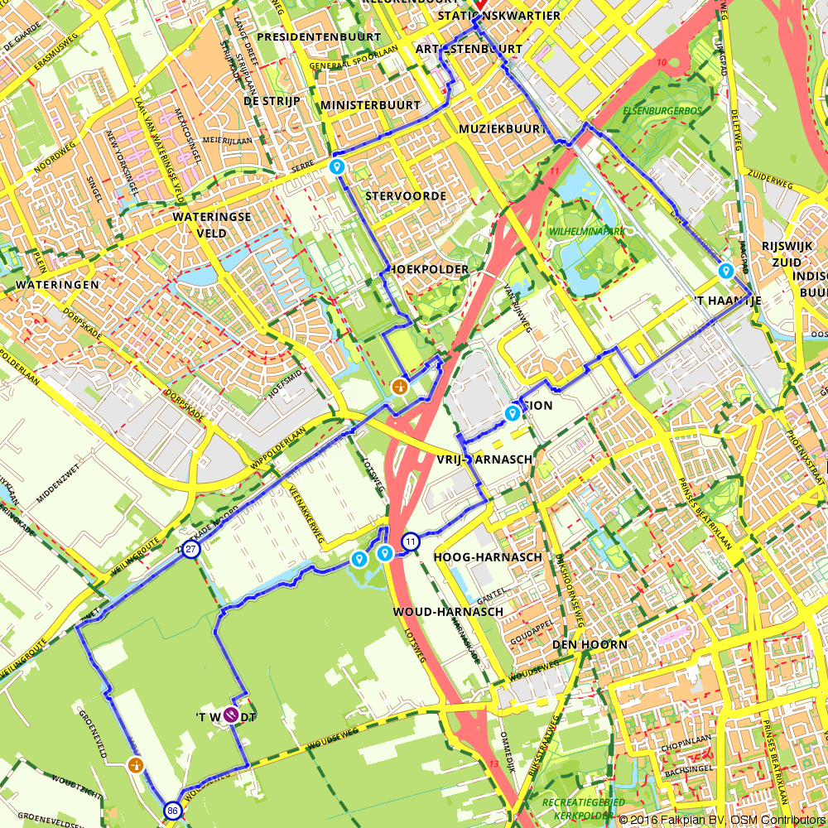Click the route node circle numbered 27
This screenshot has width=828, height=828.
click(191, 550)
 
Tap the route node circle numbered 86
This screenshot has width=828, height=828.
click(172, 811)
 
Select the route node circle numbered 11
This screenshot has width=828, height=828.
click(410, 542)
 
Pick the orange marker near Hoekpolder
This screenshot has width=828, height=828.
click(400, 386)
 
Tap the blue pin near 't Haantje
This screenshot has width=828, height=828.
click(726, 270)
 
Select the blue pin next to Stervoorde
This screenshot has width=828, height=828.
click(337, 167)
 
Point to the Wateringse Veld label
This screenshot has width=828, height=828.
click(199, 225)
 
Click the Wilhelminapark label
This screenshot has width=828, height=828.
click(586, 231)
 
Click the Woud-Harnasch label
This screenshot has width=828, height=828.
click(447, 612)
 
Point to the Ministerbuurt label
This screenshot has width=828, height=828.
click(370, 105)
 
